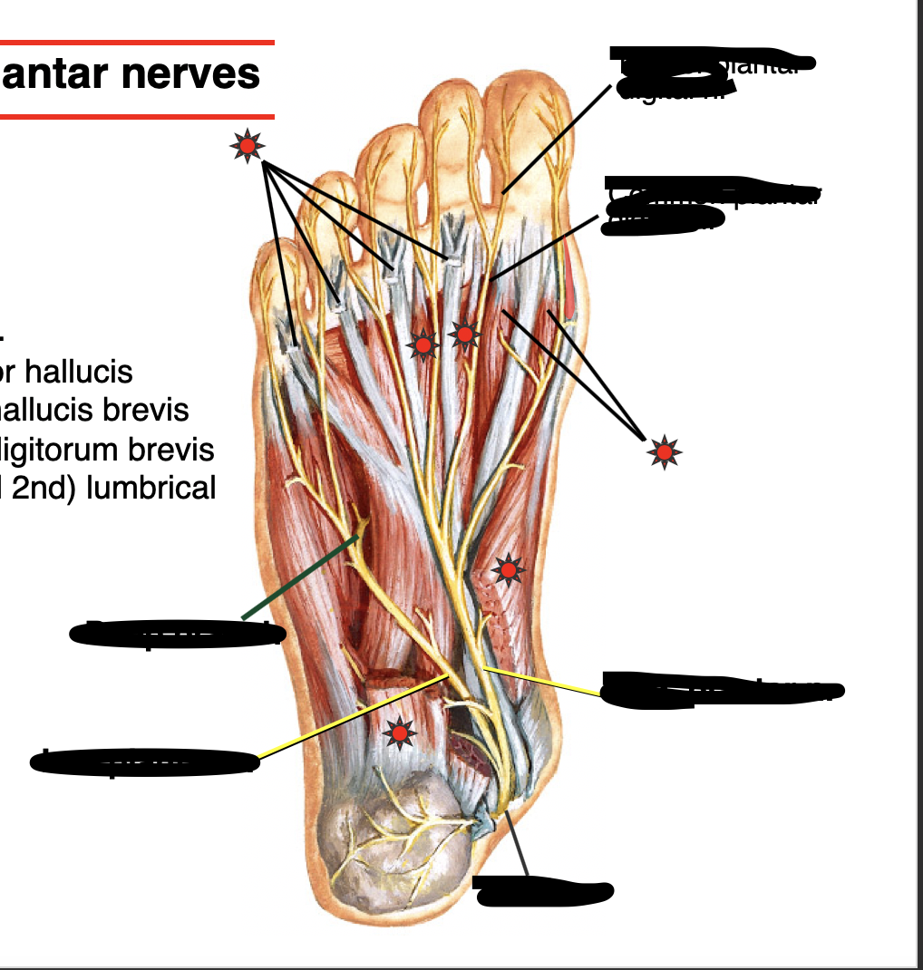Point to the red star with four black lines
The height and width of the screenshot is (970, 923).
pos(246,145)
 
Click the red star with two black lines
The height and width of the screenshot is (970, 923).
pos(665,451)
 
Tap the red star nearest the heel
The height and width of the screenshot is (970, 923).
pos(398,732)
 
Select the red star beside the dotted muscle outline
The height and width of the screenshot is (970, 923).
pos(508,569)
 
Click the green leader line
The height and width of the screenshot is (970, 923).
pos(299,578)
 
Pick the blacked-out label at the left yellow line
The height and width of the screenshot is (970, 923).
pos(145,761)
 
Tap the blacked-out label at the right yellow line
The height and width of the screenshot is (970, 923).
pos(721,690)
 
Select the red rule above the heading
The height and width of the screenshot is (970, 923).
pos(136,42)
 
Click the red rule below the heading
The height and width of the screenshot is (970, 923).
pos(136,116)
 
